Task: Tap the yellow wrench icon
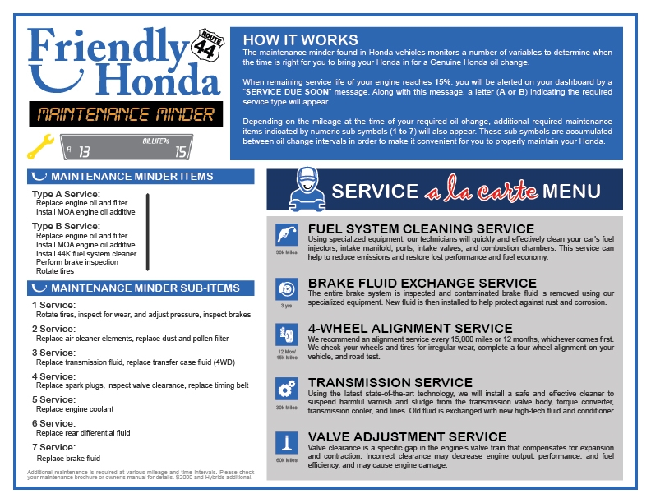[39, 146]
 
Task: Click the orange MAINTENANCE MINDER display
[122, 114]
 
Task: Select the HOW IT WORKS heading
[301, 40]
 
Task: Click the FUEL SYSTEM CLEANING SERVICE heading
[421, 228]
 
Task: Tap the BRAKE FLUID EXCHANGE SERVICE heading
[422, 284]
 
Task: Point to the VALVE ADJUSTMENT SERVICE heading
[407, 436]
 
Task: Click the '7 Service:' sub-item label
[53, 448]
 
